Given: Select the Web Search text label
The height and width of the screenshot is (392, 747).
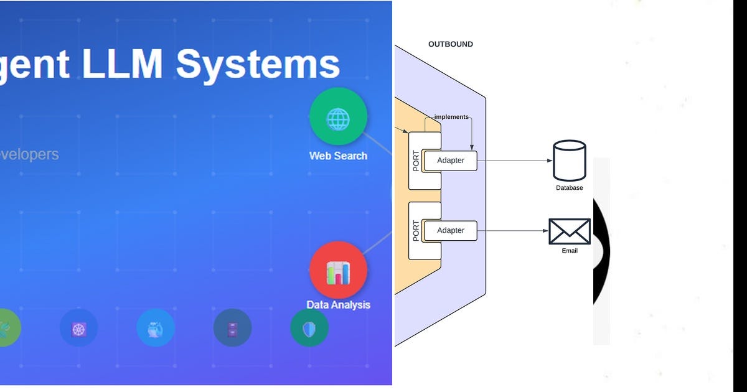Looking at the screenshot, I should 338,156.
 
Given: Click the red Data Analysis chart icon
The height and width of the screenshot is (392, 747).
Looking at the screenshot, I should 338,270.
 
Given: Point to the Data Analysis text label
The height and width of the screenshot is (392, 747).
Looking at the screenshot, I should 338,305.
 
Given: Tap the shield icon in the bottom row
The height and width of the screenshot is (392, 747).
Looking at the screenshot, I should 309,328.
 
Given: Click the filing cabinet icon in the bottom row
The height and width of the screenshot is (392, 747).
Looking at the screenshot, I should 232,328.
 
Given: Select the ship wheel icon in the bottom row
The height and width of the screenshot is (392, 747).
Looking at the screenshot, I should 78,328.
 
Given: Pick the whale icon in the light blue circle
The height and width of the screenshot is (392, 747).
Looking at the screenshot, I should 156,328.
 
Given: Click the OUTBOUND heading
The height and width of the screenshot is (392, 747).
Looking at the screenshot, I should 451,44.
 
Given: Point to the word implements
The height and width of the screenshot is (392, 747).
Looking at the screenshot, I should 451,116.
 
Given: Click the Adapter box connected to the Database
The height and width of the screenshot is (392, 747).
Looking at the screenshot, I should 451,161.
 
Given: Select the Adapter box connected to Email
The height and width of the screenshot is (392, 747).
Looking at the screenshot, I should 451,230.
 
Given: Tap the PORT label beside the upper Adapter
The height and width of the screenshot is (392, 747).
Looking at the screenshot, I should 416,161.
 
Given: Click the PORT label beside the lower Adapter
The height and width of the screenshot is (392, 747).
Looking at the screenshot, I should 416,231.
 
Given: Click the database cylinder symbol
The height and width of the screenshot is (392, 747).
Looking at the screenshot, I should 569,161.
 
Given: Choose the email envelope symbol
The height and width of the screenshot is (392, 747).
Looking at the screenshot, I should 569,231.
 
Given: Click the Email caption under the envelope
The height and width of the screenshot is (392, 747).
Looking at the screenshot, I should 569,251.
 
